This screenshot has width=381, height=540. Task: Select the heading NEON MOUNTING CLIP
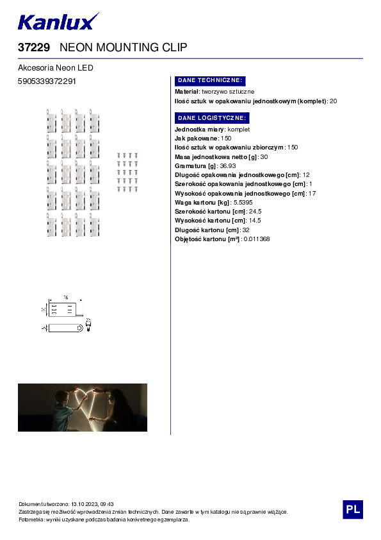(123, 47)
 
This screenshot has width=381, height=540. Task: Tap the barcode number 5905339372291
(47, 81)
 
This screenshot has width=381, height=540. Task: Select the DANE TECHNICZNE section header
(209, 81)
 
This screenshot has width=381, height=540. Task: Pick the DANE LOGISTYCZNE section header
(211, 118)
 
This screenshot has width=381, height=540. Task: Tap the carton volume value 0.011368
(256, 239)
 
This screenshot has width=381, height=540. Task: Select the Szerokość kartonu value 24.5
(255, 211)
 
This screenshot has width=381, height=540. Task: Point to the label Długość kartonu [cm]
(207, 230)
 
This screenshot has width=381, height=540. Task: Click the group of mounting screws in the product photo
(127, 173)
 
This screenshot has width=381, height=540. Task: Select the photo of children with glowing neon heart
(83, 407)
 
